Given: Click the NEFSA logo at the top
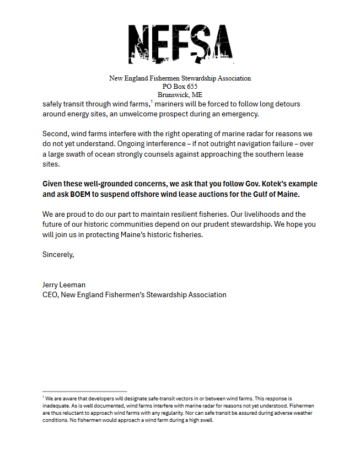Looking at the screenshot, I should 180,42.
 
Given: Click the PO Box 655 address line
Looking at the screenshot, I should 180,87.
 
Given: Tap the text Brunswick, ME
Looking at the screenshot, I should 180,94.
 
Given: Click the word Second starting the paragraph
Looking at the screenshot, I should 55,134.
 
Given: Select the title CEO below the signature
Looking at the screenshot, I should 50,294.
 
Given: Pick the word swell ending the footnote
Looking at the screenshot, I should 203,420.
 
